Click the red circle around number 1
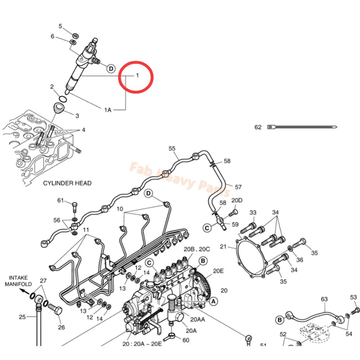click(x=136, y=78)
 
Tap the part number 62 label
click(x=258, y=127)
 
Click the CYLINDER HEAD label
click(x=67, y=183)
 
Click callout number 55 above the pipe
click(x=171, y=148)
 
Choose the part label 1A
click(x=108, y=109)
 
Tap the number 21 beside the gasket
click(x=224, y=247)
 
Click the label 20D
click(x=237, y=200)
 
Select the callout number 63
click(x=324, y=299)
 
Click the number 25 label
click(x=22, y=317)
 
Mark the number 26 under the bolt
click(x=62, y=327)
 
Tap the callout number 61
click(x=61, y=200)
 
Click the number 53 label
click(x=353, y=297)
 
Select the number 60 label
click(x=186, y=340)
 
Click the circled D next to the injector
click(x=110, y=68)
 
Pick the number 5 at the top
click(x=61, y=27)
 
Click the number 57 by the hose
click(x=238, y=187)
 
